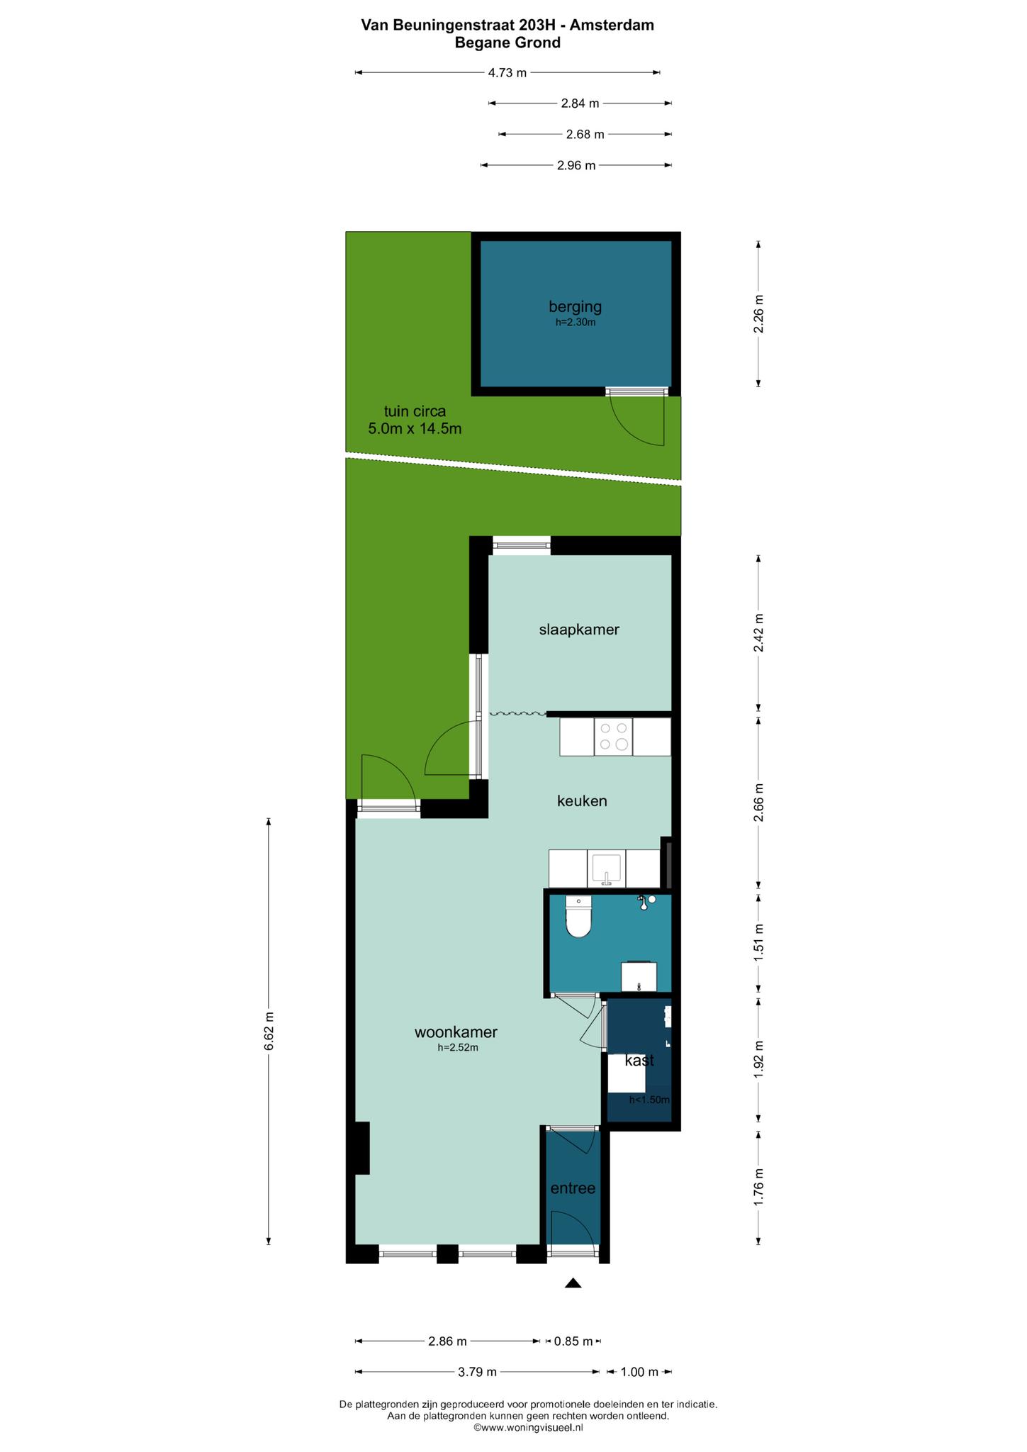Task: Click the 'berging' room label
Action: [x=575, y=307]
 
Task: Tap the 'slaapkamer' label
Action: [x=579, y=630]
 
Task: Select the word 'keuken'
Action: [x=582, y=801]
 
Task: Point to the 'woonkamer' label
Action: [x=456, y=1032]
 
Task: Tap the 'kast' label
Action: [x=639, y=1061]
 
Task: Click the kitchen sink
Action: [x=607, y=869]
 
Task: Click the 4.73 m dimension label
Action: [x=507, y=72]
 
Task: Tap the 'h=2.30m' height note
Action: [x=575, y=322]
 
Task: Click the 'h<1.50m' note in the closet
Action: [x=649, y=1100]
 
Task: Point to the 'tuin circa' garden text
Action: [x=415, y=411]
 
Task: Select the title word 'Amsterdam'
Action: [x=612, y=26]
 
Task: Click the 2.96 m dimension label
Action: [x=576, y=165]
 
